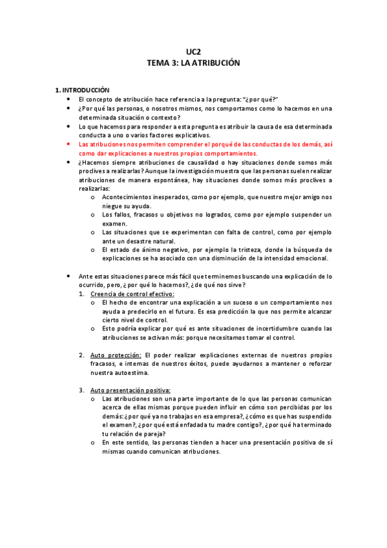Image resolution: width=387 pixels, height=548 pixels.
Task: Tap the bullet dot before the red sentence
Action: coord(68,145)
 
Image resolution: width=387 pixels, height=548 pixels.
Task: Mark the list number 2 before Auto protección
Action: coord(81,355)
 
